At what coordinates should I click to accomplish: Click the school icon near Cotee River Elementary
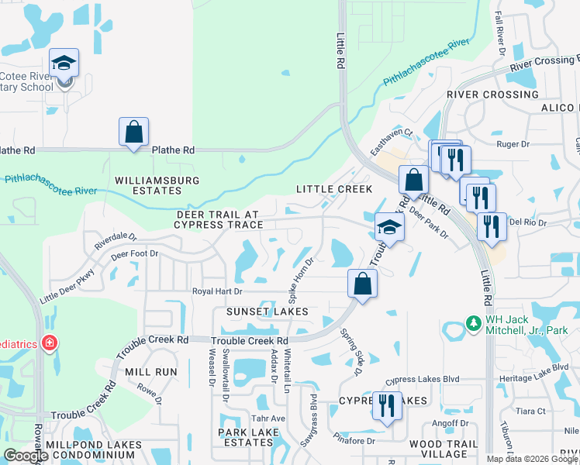[64, 64]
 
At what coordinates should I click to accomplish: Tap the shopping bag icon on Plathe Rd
[133, 131]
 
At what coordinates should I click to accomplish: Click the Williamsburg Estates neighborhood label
[157, 185]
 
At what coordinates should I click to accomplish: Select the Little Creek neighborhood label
[334, 189]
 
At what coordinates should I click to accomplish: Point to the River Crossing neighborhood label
[492, 95]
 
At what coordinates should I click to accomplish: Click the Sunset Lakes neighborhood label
[268, 312]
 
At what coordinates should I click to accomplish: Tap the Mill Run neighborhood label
[155, 372]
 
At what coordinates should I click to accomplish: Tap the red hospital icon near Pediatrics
[48, 342]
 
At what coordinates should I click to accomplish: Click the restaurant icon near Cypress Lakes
[386, 405]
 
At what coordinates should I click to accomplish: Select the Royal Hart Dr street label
[218, 291]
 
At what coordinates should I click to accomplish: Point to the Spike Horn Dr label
[301, 279]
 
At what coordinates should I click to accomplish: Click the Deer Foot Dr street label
[134, 253]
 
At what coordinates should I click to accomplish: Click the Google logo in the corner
[26, 456]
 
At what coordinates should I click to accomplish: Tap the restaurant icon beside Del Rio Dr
[491, 226]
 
